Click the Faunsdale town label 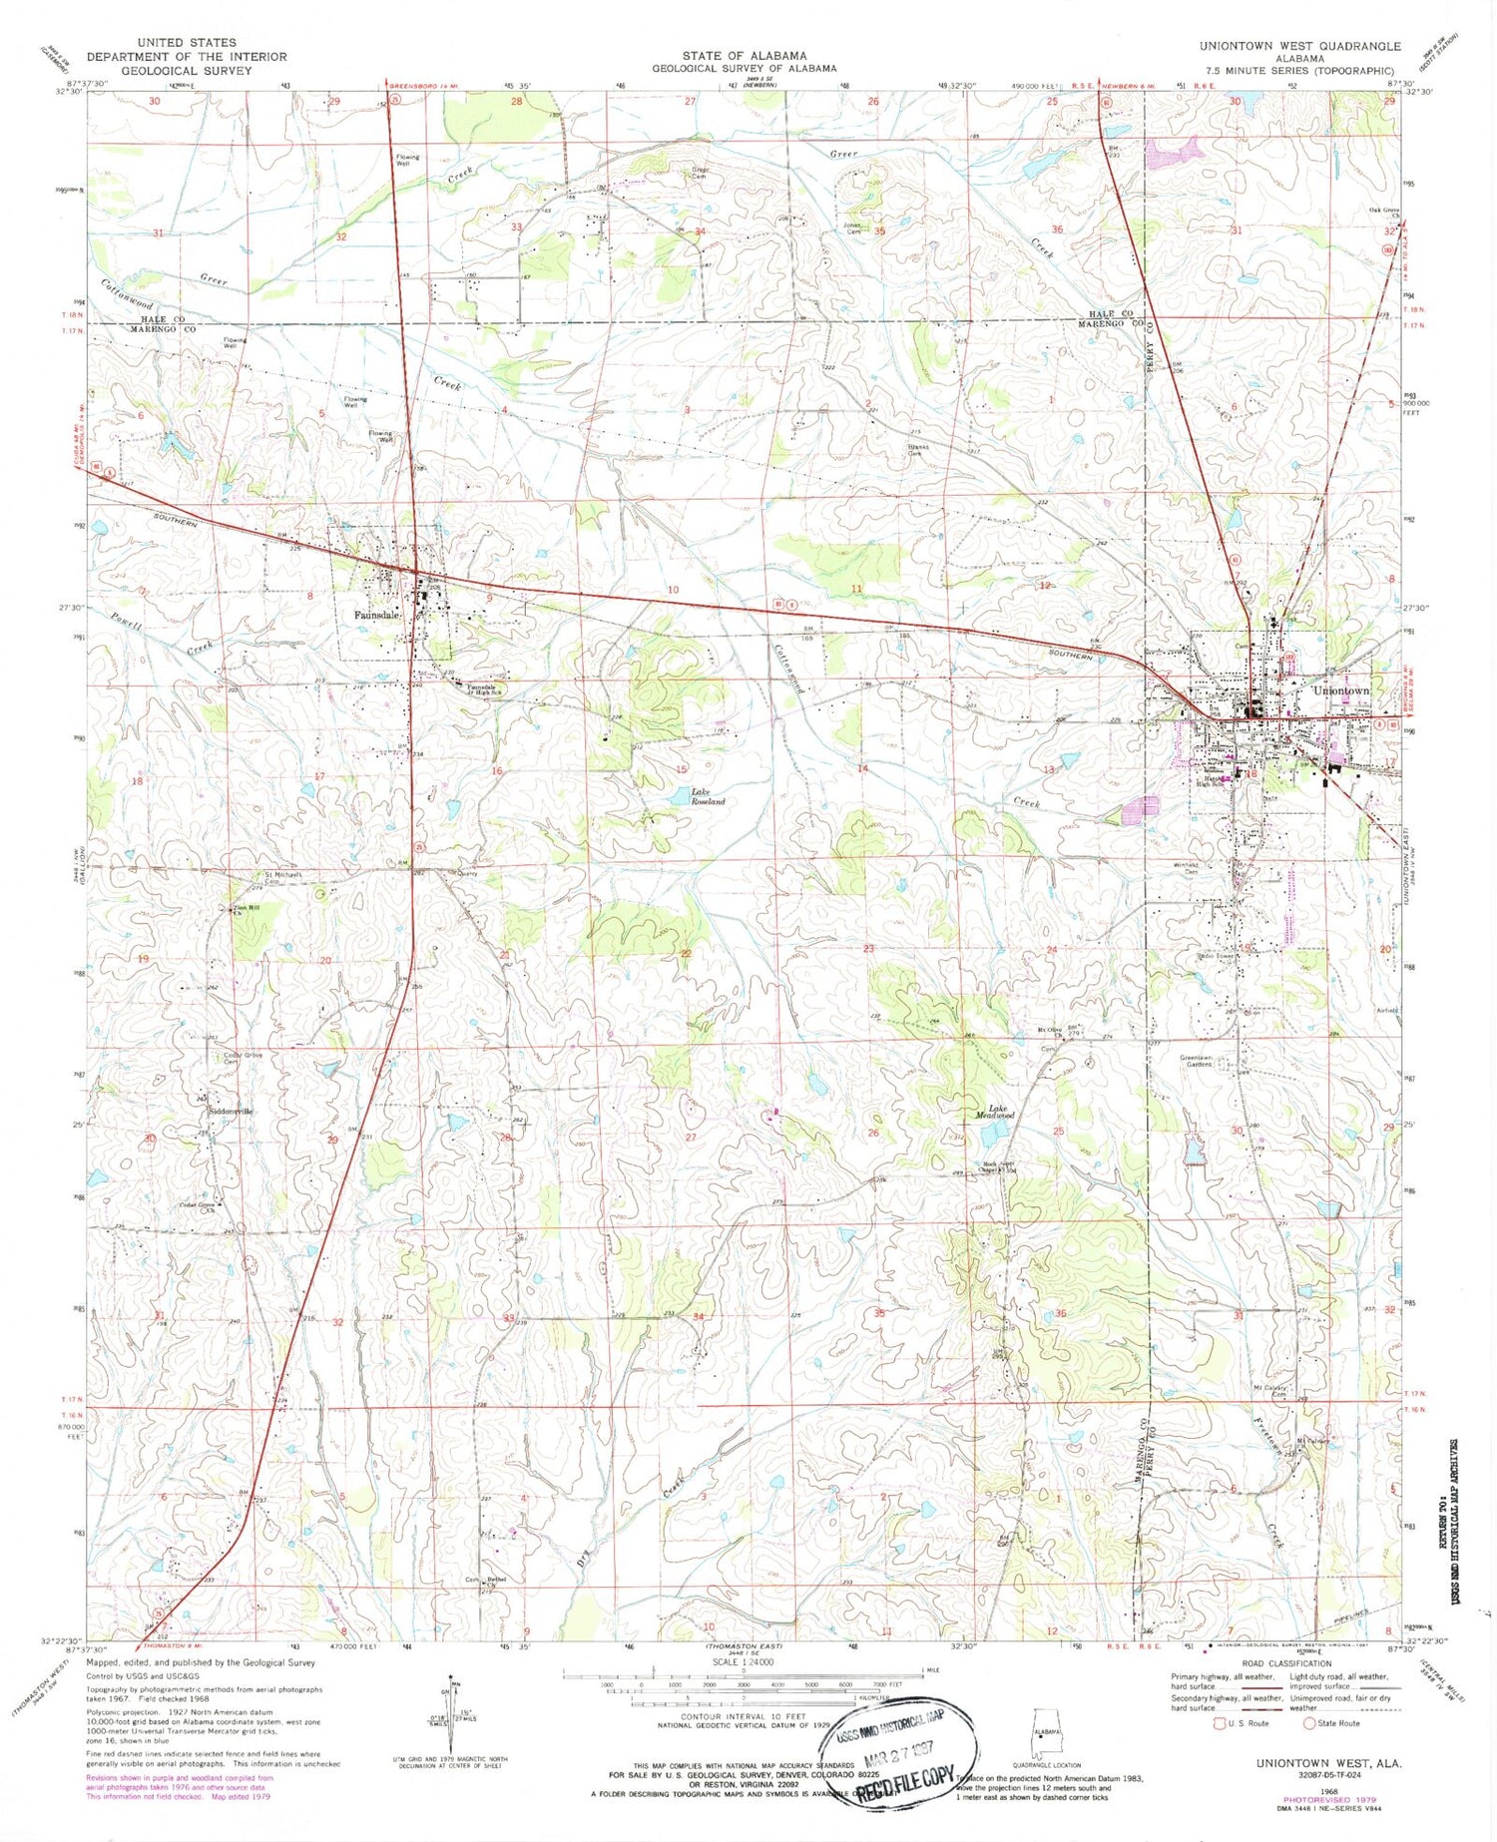pos(377,615)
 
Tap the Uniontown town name pos(1341,690)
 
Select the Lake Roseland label pos(702,796)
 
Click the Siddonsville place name pos(232,1111)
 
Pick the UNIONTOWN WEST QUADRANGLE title pos(1299,46)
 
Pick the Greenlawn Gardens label pos(1197,1060)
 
